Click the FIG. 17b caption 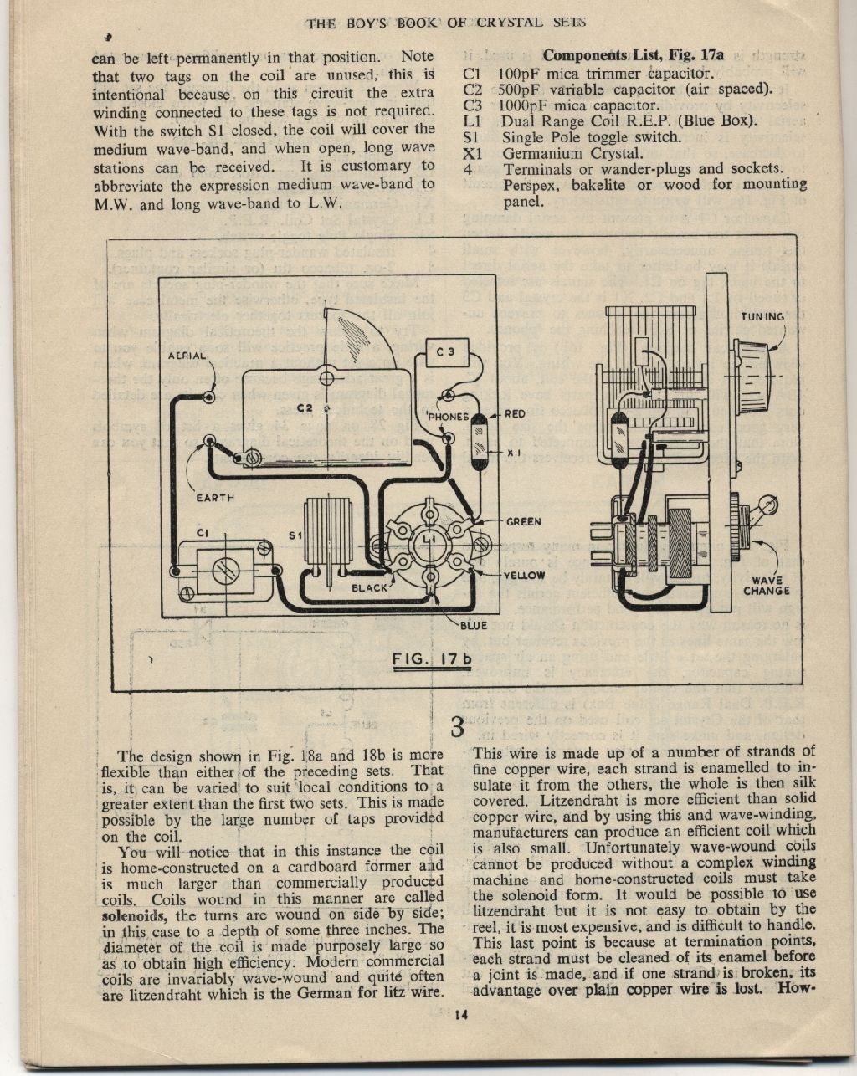coord(432,660)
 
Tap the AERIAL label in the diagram coord(187,356)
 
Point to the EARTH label coord(215,498)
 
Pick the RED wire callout coord(515,414)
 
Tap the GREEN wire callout coord(524,521)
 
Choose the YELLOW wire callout coord(524,575)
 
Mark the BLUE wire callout coord(474,625)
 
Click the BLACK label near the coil coord(369,588)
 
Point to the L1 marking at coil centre coord(429,540)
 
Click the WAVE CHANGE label coord(766,586)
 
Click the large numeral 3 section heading coord(458,728)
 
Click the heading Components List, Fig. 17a coord(634,55)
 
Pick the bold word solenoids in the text coord(134,915)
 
